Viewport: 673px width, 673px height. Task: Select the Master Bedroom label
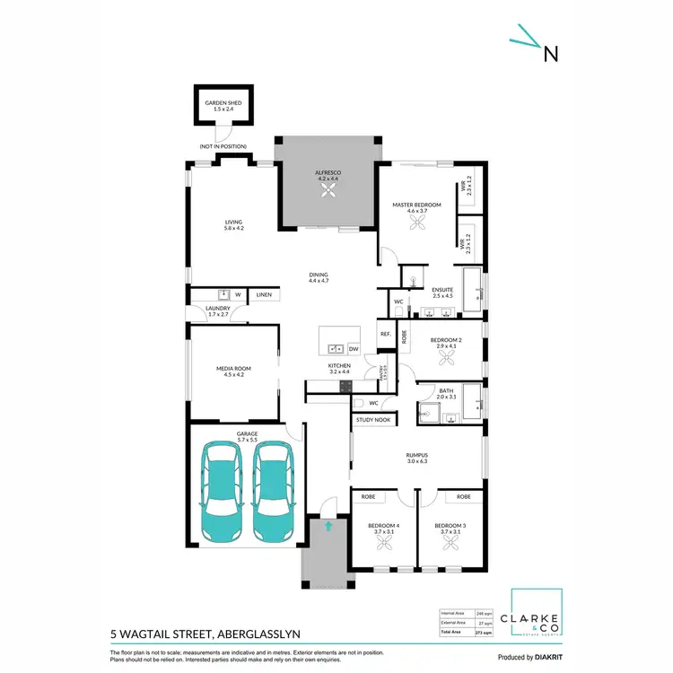(x=416, y=205)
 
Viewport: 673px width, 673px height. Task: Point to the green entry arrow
(x=328, y=527)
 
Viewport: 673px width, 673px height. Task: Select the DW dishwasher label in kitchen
(x=354, y=348)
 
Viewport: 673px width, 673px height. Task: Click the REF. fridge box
(x=385, y=334)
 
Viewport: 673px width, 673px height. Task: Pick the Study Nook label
(x=372, y=419)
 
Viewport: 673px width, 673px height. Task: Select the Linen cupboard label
(x=264, y=294)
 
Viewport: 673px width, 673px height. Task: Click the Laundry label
(x=218, y=310)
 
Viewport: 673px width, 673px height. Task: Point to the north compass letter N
(x=551, y=54)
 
